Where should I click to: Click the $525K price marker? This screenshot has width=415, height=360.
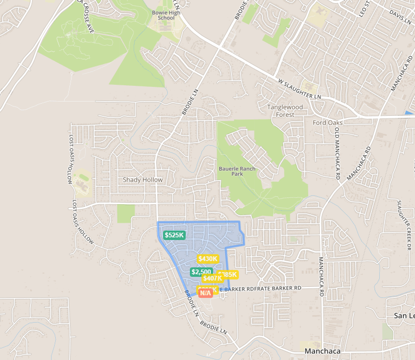click(174, 235)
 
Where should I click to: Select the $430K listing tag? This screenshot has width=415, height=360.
click(208, 258)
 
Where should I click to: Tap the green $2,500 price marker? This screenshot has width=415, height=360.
click(200, 272)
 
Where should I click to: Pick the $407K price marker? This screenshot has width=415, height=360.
click(212, 278)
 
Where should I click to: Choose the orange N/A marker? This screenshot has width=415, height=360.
click(205, 293)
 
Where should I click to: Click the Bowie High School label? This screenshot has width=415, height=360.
click(166, 14)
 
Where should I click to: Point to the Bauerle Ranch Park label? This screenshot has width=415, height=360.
click(237, 172)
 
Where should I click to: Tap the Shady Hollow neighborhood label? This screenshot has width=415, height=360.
click(143, 180)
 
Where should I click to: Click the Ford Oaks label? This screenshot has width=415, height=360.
click(327, 123)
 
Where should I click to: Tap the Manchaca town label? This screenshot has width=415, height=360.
click(322, 351)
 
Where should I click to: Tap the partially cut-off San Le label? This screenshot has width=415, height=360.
click(404, 315)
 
